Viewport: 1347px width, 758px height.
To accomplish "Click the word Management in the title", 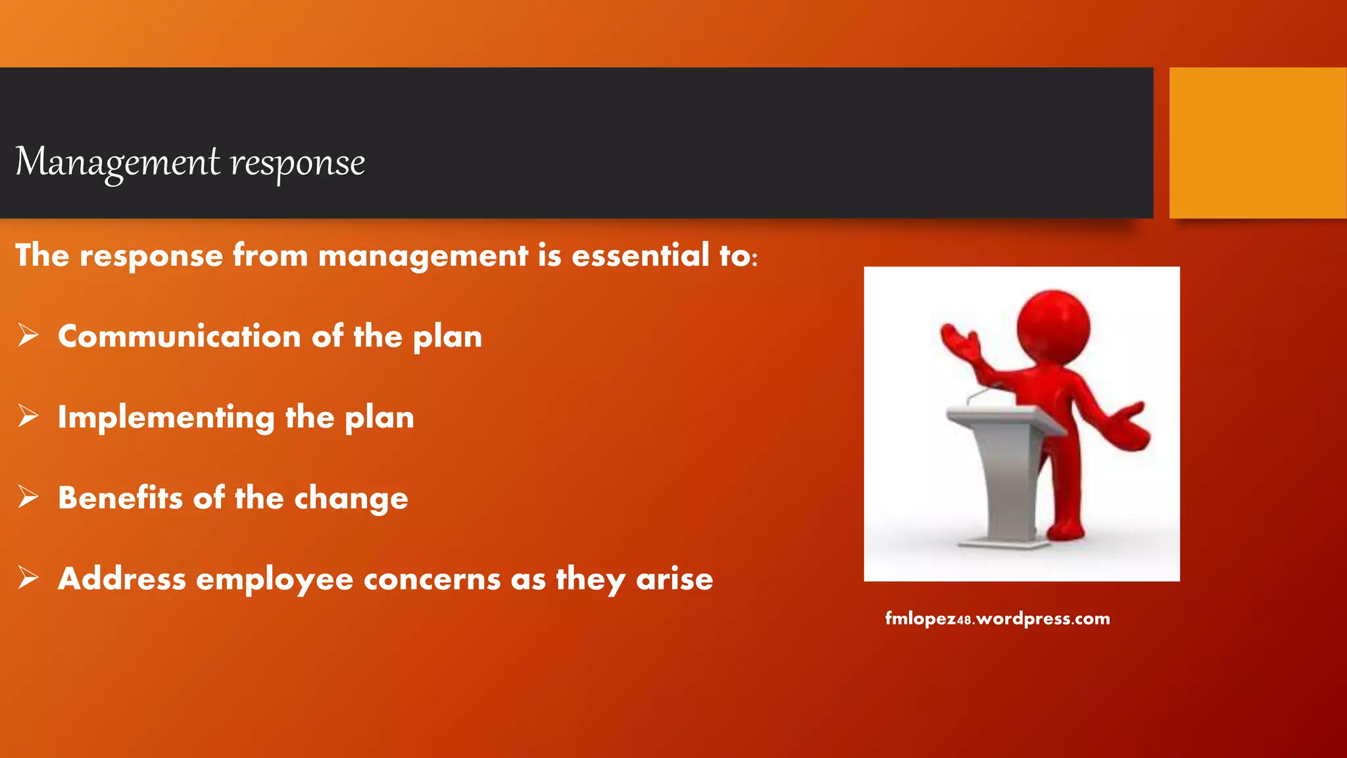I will coord(117,163).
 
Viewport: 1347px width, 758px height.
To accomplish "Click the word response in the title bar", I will coord(297,164).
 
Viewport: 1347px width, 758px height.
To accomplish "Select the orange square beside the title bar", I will coord(1257,143).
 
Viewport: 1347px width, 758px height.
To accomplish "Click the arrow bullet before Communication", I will coord(28,335).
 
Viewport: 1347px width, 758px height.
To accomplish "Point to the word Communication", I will coord(179,336).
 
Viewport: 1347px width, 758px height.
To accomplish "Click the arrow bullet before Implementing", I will coord(28,416).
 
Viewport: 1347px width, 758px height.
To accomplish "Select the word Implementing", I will coord(166,418).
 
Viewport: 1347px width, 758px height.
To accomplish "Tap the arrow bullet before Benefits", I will coord(28,497).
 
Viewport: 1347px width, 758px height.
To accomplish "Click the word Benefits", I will coord(120,498).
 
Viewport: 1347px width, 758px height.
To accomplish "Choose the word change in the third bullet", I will coord(351,499).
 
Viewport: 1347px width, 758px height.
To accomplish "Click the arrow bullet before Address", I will coord(28,578).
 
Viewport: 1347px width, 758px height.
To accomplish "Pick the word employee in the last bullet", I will coord(274,580).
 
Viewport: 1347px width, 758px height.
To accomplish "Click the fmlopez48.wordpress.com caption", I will coord(997,619).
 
